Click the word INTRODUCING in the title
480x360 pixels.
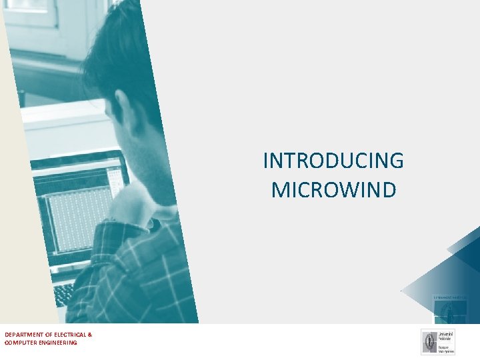tap(333, 161)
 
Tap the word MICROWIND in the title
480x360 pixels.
tap(333, 190)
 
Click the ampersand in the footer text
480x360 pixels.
tap(90, 334)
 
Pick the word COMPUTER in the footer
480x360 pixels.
tap(19, 343)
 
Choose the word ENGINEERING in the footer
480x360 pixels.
tap(57, 343)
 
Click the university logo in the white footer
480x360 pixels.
tap(438, 342)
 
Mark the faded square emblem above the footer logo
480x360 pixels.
tap(451, 309)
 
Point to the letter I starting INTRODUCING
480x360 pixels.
tap(266, 161)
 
